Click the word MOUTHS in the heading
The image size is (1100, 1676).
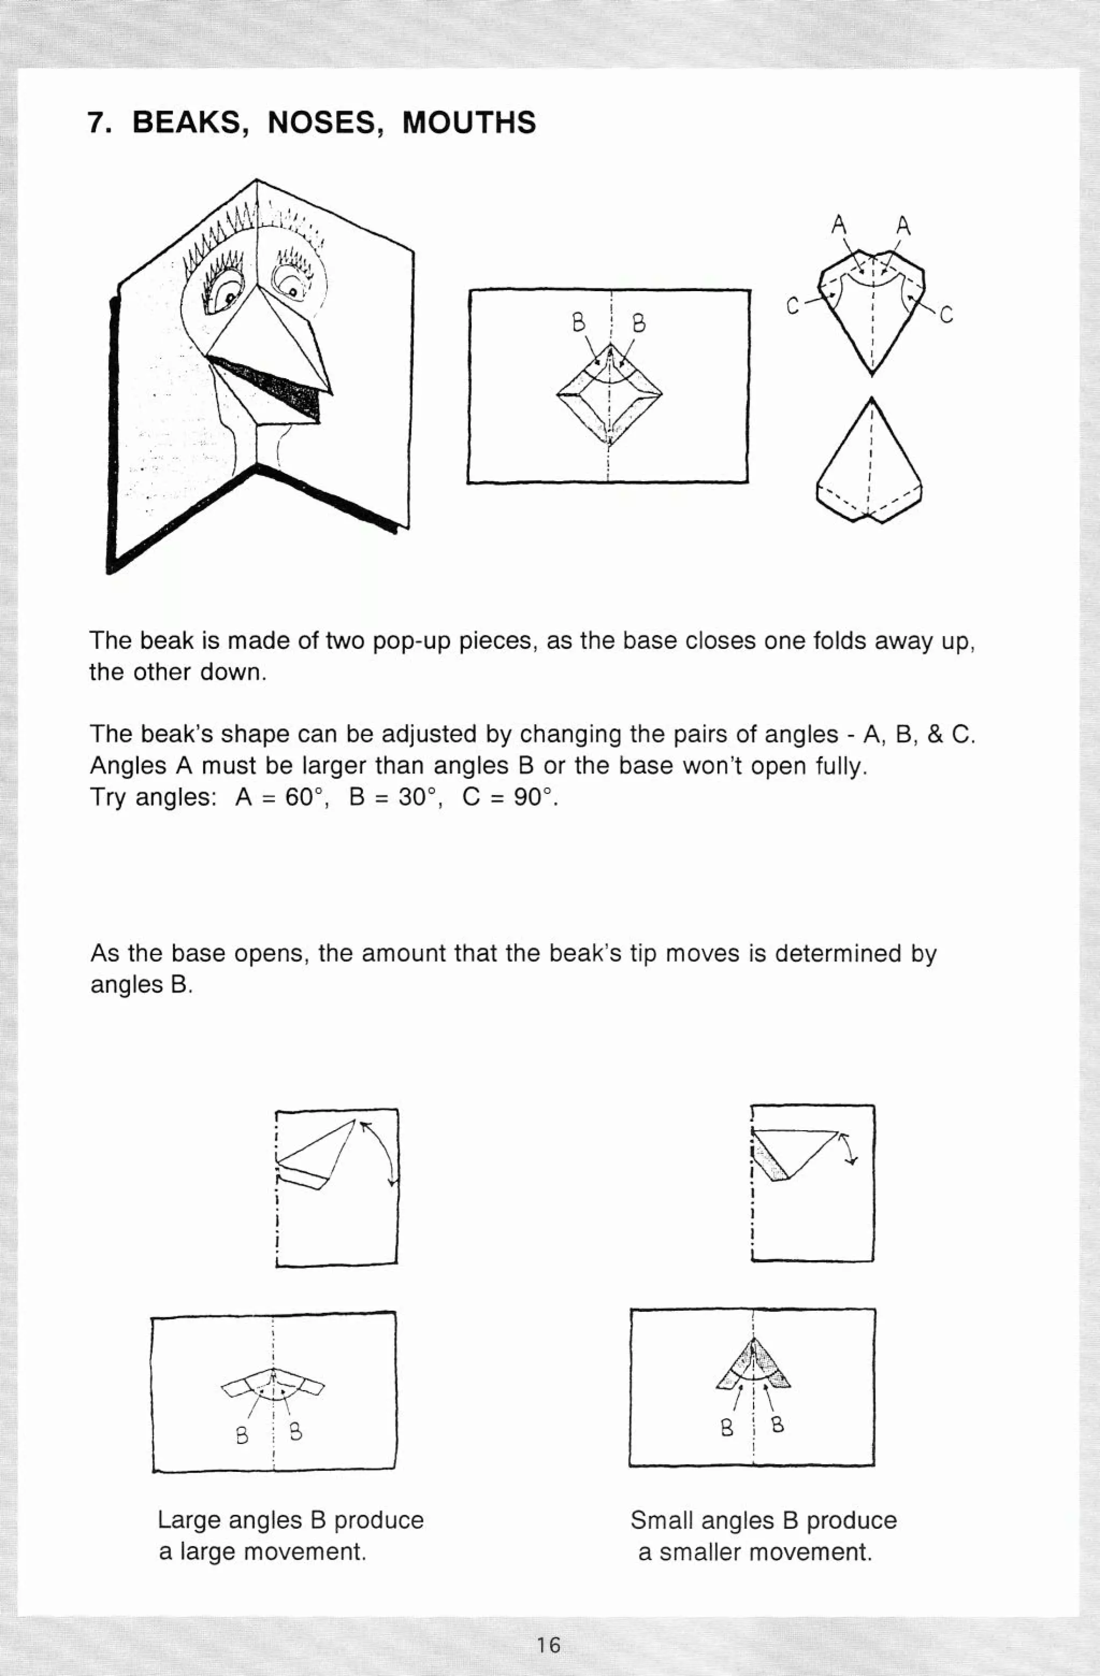(x=468, y=123)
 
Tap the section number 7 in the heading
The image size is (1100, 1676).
(x=97, y=123)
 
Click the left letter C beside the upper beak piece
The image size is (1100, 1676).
(x=792, y=307)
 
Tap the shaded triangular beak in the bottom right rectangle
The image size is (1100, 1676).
(x=754, y=1366)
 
